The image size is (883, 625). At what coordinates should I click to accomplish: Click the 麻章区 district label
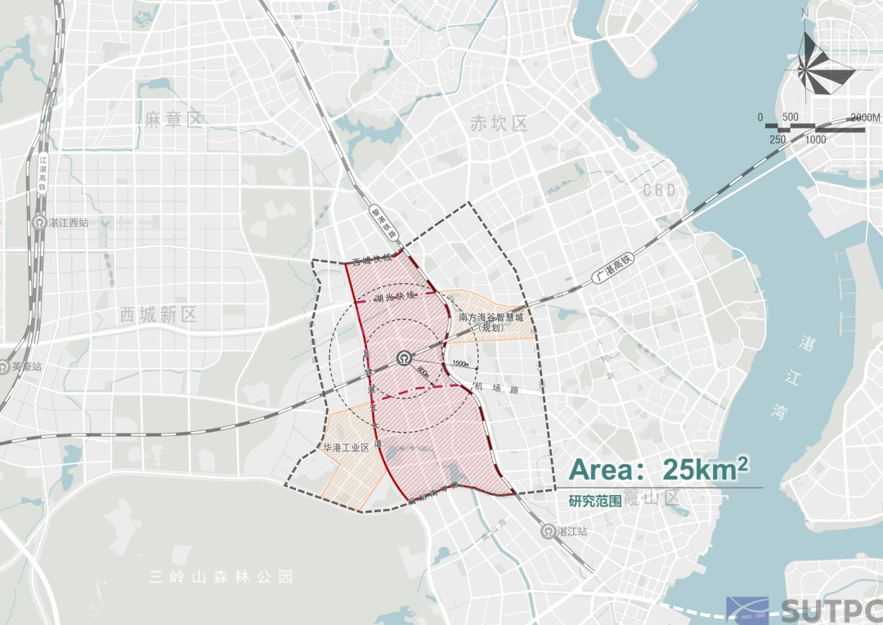pos(173,121)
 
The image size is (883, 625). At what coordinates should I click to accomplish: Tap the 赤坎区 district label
pos(499,124)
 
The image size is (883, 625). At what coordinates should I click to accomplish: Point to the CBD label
pos(660,191)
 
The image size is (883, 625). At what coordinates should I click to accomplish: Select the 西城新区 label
pos(158,315)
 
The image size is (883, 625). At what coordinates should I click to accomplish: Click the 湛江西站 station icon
pos(39,222)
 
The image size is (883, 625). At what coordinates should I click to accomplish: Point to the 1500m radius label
pos(460,363)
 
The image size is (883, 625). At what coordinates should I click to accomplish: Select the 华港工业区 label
pos(347,448)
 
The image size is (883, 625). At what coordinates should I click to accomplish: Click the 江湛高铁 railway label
pos(43,174)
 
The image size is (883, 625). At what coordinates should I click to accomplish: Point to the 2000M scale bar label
pos(865,118)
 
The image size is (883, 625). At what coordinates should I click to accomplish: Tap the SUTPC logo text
pos(831,610)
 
